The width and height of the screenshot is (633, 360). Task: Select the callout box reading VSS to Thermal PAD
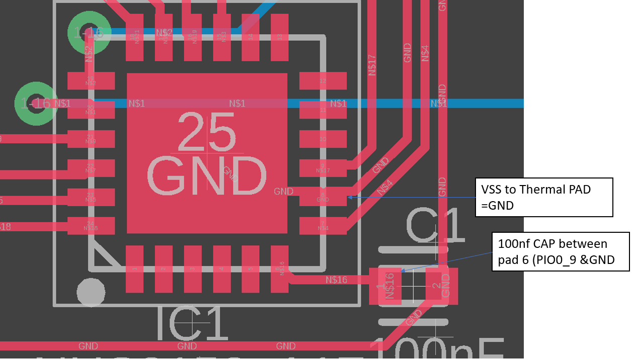pyautogui.click(x=543, y=197)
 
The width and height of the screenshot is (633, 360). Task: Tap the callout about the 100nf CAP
pyautogui.click(x=560, y=251)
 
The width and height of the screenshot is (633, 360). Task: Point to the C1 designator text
pyautogui.click(x=435, y=226)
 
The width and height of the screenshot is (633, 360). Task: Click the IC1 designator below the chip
pyautogui.click(x=194, y=324)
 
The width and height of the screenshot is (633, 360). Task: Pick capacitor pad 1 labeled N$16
pyautogui.click(x=385, y=286)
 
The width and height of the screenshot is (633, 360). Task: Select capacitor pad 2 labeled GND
pyautogui.click(x=442, y=286)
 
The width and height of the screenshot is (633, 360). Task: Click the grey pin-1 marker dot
pyautogui.click(x=91, y=292)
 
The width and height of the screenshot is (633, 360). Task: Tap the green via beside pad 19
pyautogui.click(x=89, y=33)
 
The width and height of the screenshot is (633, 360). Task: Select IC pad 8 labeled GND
pyautogui.click(x=323, y=197)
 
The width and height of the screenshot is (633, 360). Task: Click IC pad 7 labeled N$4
pyautogui.click(x=323, y=226)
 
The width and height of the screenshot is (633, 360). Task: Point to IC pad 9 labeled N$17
pyautogui.click(x=323, y=168)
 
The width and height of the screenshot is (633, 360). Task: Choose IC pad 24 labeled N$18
pyautogui.click(x=91, y=226)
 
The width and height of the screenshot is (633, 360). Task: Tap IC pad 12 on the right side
pyautogui.click(x=323, y=80)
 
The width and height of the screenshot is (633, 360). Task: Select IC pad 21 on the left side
pyautogui.click(x=91, y=139)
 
